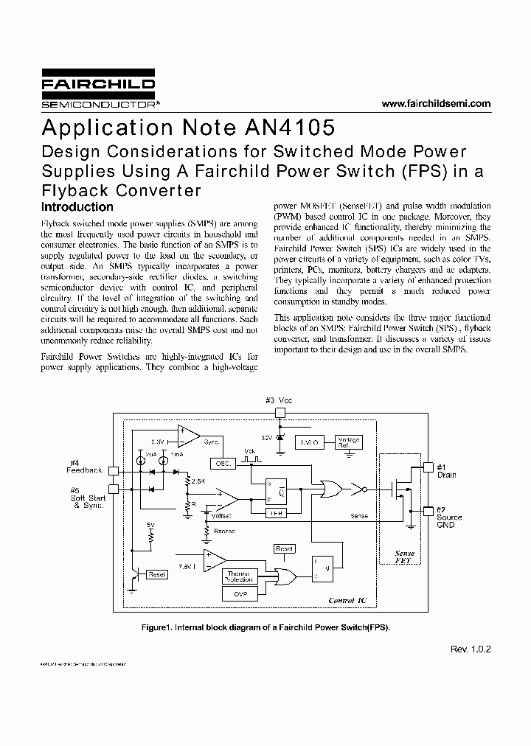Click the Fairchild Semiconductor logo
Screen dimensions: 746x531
(x=98, y=91)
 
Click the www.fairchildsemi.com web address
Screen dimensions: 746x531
(x=436, y=104)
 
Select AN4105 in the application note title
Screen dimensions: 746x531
(x=288, y=128)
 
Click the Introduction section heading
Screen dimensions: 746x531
(x=77, y=207)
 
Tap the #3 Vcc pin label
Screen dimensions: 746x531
(x=279, y=400)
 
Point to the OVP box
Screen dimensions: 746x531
(x=241, y=593)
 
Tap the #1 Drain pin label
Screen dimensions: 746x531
(x=446, y=471)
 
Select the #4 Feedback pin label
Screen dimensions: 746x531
(x=84, y=467)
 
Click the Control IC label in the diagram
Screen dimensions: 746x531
(x=347, y=600)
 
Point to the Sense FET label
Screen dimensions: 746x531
(x=404, y=557)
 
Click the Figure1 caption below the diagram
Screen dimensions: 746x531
(x=265, y=627)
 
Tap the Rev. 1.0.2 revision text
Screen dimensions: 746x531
(x=471, y=649)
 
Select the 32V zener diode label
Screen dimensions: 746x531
(x=267, y=437)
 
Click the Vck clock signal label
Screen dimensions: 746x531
(x=249, y=450)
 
